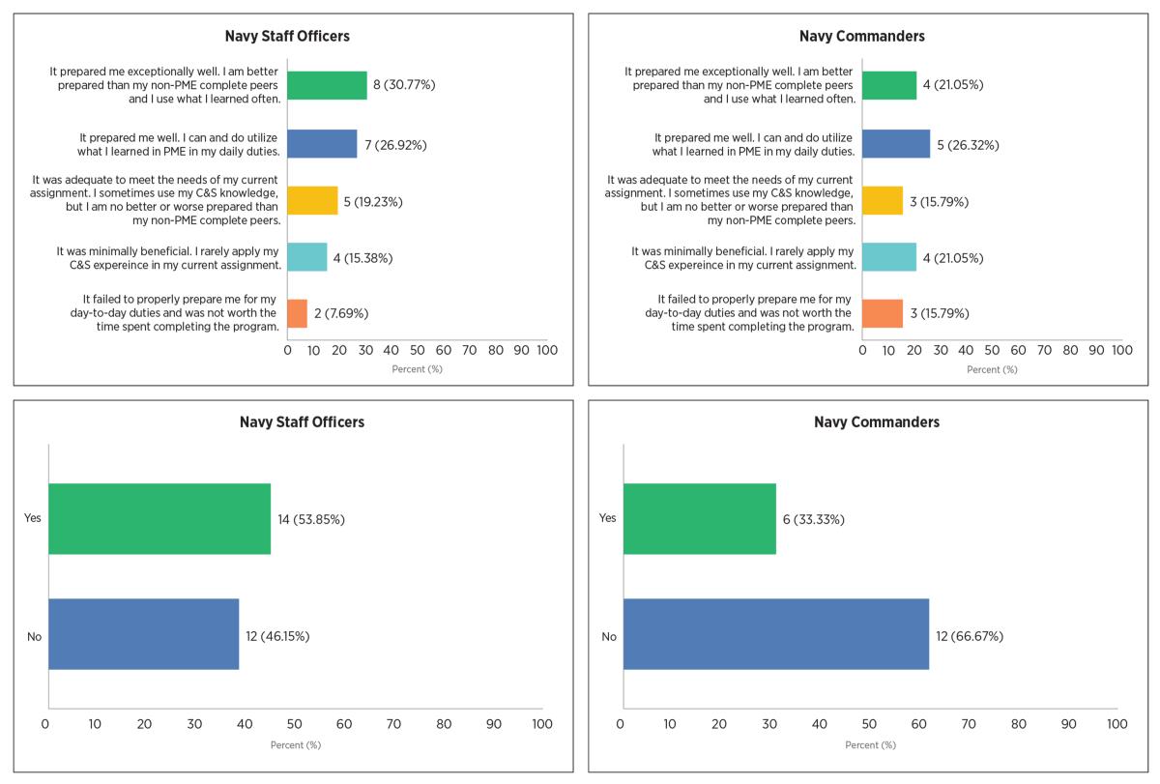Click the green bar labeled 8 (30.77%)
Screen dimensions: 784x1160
point(327,85)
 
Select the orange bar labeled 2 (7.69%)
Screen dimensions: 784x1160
point(298,313)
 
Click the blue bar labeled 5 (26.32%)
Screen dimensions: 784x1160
point(896,145)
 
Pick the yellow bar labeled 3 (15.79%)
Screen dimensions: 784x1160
point(883,202)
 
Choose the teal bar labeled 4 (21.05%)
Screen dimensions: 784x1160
point(889,258)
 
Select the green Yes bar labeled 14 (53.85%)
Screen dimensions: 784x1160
point(159,519)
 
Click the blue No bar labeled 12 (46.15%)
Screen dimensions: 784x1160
point(144,635)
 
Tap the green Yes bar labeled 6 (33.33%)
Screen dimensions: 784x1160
point(700,519)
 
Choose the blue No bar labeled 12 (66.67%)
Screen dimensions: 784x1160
point(776,635)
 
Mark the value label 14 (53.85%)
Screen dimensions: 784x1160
point(311,519)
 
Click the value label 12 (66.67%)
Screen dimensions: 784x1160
point(970,636)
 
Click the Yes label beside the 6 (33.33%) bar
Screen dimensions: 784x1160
point(607,518)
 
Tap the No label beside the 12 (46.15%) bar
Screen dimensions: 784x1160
point(35,636)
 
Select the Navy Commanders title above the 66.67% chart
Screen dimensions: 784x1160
point(876,421)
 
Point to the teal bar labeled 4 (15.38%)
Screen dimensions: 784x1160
point(307,258)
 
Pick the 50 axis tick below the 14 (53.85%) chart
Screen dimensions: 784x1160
point(295,724)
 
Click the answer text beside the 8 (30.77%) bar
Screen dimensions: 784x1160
point(166,85)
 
